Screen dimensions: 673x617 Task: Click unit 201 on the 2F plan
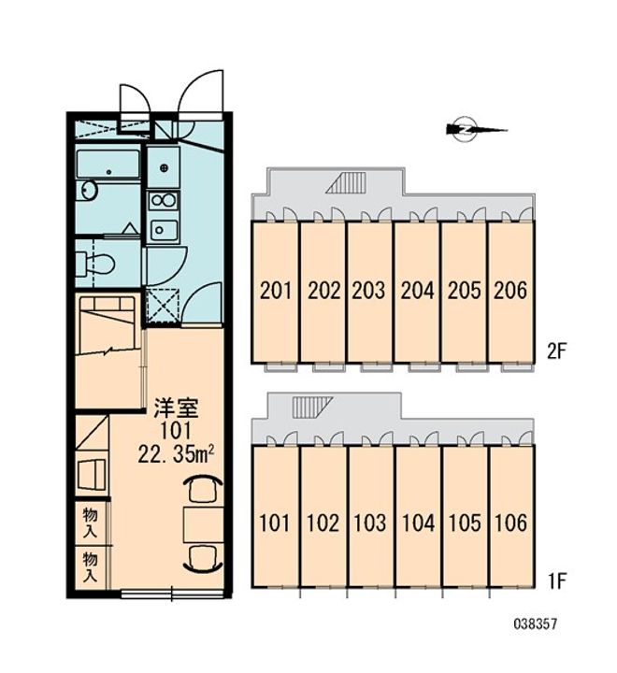pos(275,290)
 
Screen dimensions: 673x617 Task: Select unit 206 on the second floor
pos(510,290)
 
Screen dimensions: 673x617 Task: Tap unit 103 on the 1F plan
pos(370,522)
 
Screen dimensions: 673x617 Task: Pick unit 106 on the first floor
pos(511,522)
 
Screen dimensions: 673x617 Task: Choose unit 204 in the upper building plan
pos(417,290)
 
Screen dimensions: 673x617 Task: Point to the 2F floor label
pos(557,351)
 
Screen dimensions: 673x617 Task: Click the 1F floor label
pos(557,583)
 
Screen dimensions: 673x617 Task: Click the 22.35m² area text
pos(179,452)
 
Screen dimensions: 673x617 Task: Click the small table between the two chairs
pos(202,523)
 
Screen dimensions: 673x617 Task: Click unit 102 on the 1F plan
pos(323,522)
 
